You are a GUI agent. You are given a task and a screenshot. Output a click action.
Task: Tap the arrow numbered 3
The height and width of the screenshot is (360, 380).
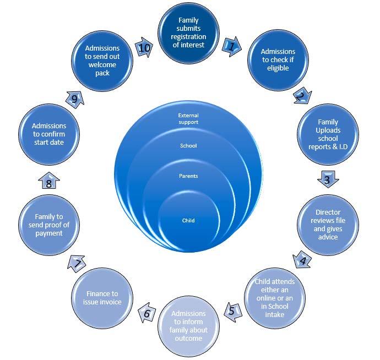[x=327, y=178]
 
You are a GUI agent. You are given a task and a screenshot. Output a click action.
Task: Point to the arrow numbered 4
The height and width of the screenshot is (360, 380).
[x=302, y=258]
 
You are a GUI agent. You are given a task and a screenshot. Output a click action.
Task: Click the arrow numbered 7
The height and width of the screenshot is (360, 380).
[x=77, y=264]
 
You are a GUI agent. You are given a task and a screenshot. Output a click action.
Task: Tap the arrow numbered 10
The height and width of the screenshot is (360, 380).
[x=144, y=48]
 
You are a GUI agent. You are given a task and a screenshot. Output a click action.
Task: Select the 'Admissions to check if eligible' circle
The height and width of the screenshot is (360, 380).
[x=278, y=59]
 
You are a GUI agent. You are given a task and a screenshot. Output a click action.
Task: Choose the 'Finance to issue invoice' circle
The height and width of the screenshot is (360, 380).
[x=101, y=297]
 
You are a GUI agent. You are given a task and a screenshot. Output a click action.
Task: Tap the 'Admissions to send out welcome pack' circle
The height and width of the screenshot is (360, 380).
[x=102, y=61]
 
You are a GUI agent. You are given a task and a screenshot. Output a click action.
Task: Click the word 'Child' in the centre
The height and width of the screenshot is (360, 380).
[x=188, y=220]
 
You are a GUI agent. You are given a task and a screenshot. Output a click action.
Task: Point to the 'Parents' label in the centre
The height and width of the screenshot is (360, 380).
[x=188, y=176]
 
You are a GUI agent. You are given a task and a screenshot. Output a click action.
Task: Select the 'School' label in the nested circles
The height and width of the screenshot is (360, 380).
[x=188, y=146]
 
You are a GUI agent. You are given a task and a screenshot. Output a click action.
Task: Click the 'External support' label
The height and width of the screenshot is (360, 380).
[x=188, y=118]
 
